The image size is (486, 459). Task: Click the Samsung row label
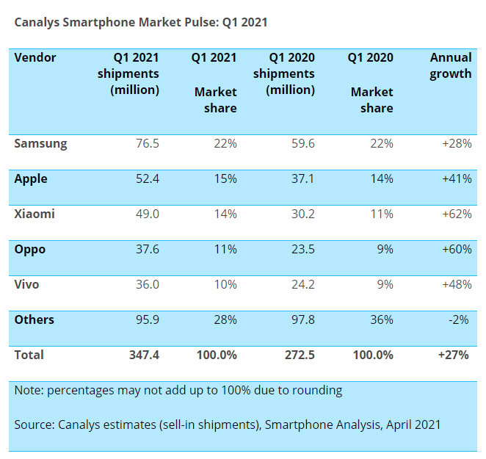[x=40, y=144]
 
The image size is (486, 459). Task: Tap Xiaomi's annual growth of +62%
[x=456, y=214]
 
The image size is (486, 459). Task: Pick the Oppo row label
[x=30, y=250]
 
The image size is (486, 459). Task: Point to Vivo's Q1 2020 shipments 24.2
[x=302, y=285]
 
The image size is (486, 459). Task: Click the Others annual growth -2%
[x=460, y=320]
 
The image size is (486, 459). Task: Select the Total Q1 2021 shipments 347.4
[x=143, y=355]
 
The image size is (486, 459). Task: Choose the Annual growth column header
[x=450, y=66]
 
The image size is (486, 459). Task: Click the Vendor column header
[x=35, y=57]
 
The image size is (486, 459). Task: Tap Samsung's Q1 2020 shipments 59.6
[x=302, y=144]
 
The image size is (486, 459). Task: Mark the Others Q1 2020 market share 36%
[x=380, y=320]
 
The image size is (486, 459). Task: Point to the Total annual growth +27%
[x=455, y=355]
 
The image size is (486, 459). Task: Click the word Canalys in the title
[x=36, y=23]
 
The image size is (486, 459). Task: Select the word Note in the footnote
[x=28, y=391]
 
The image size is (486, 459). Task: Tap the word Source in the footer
[x=34, y=425]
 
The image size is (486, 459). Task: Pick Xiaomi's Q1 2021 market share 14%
[x=224, y=214]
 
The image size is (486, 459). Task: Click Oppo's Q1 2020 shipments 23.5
[x=302, y=250]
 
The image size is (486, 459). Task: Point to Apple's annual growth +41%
[x=456, y=179]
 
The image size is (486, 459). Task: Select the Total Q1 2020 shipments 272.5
[x=299, y=355]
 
